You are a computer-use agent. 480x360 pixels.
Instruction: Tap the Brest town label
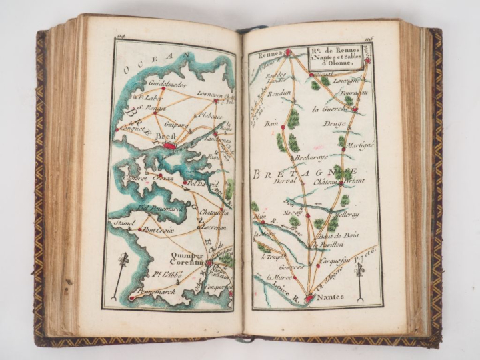165,135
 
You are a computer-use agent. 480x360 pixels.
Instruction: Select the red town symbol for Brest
170,144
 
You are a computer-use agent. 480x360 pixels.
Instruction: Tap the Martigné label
360,145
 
